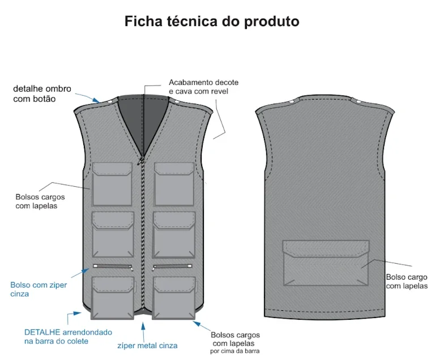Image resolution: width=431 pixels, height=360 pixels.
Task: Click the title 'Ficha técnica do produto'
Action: pos(212,22)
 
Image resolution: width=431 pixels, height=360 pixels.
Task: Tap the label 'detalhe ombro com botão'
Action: pos(42,94)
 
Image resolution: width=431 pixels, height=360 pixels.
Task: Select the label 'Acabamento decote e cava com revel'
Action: pos(203,87)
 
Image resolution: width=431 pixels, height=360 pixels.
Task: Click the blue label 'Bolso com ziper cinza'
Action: pos(39,289)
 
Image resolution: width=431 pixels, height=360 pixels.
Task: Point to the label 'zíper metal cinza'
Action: pos(147,345)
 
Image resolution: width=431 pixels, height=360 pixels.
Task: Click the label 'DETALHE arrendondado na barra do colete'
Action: pos(68,337)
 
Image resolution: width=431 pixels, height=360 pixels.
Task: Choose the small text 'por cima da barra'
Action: pos(234,351)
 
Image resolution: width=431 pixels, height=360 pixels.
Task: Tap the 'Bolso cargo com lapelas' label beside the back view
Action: pos(407,281)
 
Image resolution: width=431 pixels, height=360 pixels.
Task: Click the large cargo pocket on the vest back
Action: pos(326,263)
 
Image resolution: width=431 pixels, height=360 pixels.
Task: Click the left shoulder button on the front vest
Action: pos(110,102)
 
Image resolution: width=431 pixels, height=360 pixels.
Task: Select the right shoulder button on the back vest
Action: pos(359,101)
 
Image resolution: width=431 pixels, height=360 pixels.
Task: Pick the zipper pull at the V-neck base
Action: pos(140,161)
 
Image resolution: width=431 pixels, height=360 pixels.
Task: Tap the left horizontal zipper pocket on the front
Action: pos(113,267)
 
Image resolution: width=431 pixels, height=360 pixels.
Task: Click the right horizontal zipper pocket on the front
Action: pos(172,267)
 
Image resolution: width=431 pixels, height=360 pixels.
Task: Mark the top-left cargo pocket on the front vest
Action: pos(112,184)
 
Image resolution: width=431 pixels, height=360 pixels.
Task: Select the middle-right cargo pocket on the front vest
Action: pos(174,234)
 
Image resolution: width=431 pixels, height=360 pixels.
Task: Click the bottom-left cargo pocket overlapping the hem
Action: pos(113,298)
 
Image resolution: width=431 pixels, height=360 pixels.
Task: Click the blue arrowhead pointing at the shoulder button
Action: pos(96,100)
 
